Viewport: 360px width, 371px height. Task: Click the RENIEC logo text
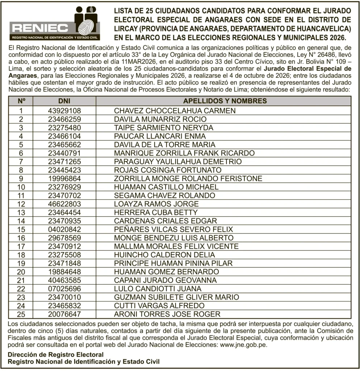40,28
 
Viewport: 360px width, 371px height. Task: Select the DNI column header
64,101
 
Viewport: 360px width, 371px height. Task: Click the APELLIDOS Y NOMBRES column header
225,101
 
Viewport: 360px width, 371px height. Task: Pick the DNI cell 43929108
64,111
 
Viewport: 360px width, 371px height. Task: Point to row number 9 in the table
21,179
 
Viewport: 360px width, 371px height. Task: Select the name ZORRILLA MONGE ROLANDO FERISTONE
188,179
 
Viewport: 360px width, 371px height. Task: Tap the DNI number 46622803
64,204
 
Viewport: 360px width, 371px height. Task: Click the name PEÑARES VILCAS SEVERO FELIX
173,229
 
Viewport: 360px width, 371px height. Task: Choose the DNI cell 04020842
64,229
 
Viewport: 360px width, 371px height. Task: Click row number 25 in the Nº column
21,314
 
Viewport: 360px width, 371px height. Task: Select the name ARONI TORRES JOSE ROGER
167,314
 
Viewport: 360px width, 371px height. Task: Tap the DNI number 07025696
64,289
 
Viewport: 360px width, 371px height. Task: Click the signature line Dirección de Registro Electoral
56,355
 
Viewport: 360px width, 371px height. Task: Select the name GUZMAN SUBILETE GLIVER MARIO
176,297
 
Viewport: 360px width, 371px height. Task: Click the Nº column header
21,101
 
